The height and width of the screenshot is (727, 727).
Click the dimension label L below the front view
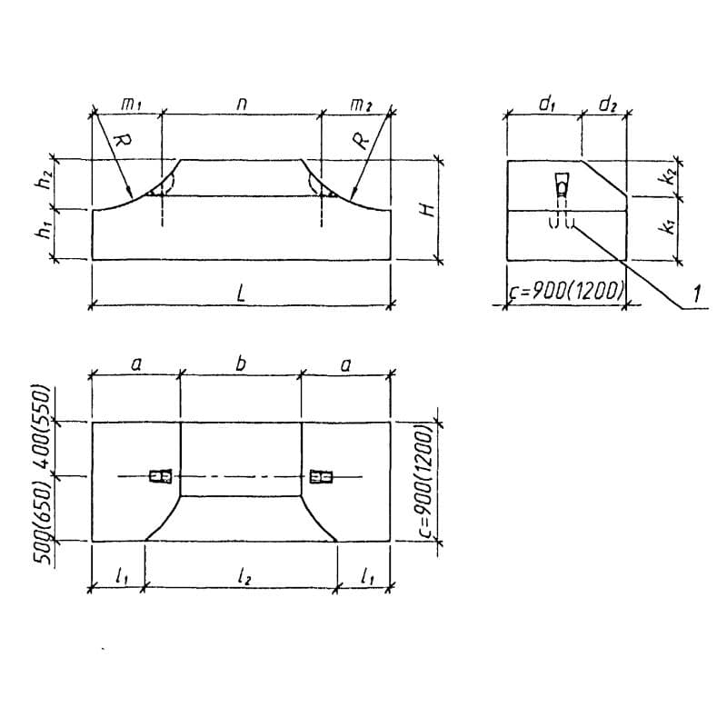241,293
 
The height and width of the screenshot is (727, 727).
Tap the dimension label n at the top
241,105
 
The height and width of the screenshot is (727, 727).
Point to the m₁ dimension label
131,105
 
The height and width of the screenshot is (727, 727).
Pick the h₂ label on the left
44,184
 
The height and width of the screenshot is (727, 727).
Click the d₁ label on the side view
547,105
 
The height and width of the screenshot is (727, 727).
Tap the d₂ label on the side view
608,105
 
